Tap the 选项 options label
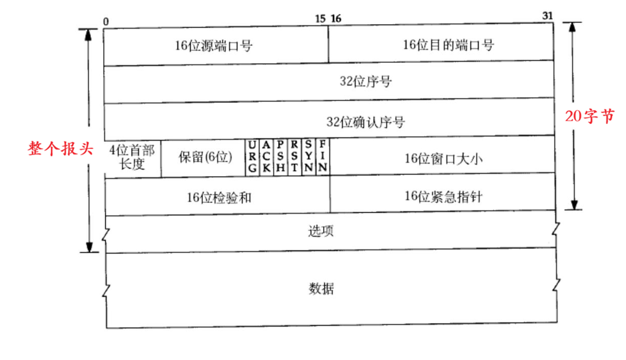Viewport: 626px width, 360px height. point(322,231)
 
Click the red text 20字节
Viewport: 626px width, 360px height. point(590,116)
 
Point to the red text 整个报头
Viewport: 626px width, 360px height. point(60,149)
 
